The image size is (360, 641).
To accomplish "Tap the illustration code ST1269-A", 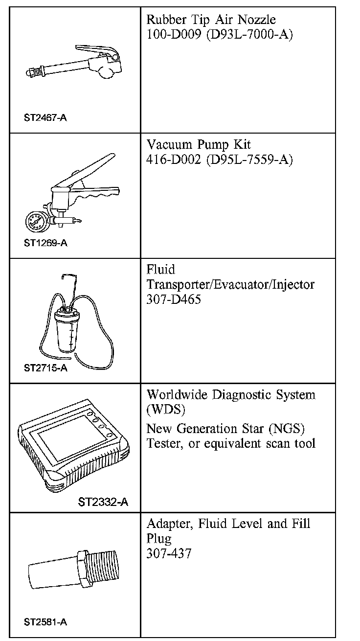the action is tap(45, 243).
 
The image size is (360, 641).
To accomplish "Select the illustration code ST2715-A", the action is tap(45, 368).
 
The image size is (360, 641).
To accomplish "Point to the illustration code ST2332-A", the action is tap(103, 502).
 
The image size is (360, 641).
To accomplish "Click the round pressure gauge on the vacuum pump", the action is tap(35, 223).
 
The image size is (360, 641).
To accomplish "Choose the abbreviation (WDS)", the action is tap(163, 409).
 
